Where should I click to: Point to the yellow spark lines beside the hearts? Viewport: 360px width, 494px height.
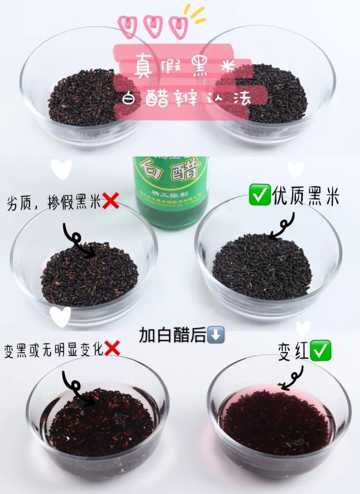coord(196,15)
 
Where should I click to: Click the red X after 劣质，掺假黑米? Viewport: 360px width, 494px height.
coord(111,202)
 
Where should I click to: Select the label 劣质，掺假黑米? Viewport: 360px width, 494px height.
coord(54,202)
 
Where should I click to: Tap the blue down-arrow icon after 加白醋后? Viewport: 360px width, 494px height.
coord(217,335)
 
